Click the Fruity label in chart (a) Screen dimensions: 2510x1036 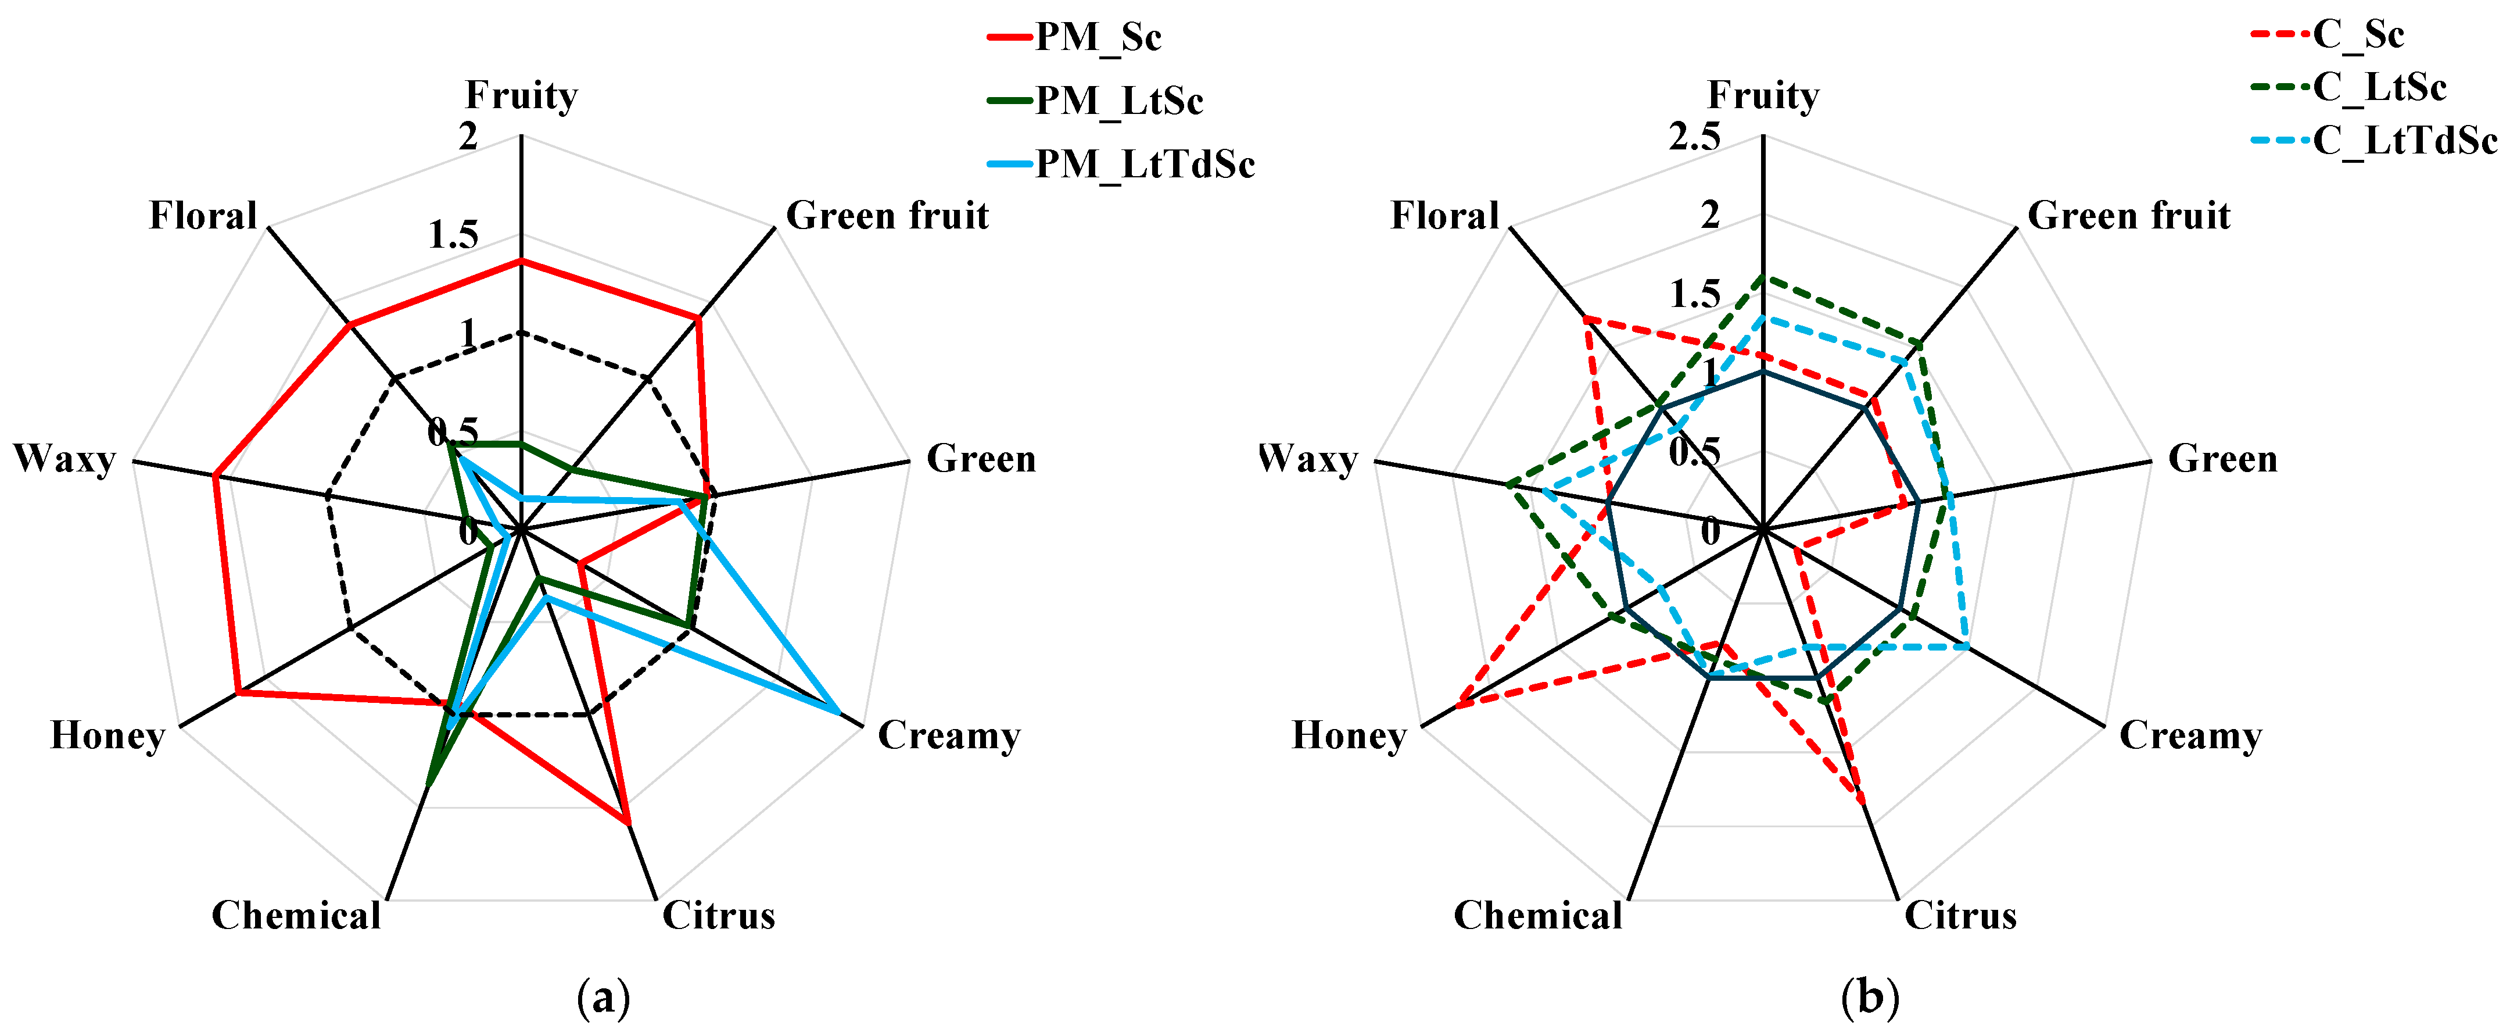coord(521,95)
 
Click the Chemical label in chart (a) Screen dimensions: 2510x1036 coord(296,915)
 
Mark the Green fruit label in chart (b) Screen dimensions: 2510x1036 coord(2129,215)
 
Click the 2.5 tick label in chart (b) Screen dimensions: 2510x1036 coord(1694,137)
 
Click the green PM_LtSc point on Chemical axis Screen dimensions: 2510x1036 coord(429,784)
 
